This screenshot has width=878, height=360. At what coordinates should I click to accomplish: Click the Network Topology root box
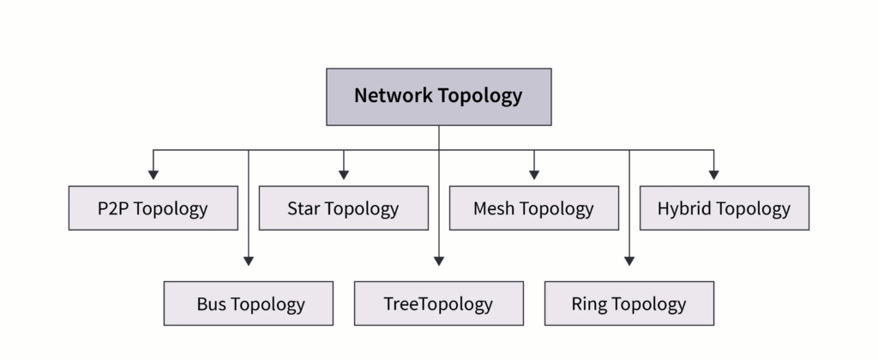(438, 96)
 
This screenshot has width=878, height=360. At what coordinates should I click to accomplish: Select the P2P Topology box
(153, 208)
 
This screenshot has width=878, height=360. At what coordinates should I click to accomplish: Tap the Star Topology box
(343, 208)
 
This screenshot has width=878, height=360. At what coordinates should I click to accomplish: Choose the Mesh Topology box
(533, 208)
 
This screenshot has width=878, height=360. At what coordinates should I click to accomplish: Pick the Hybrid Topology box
(724, 208)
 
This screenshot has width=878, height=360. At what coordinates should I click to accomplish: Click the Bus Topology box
(249, 303)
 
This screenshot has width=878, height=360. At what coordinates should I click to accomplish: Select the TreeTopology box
(438, 303)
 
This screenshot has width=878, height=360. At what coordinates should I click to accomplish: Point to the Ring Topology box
(628, 303)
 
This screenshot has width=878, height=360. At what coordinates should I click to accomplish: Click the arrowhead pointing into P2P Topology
(153, 175)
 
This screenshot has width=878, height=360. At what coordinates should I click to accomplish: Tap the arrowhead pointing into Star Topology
(344, 175)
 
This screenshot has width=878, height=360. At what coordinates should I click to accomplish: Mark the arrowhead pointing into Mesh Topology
(534, 175)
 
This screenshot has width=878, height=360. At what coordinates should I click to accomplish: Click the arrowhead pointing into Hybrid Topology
(713, 175)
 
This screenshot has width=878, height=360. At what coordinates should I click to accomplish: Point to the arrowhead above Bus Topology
(249, 261)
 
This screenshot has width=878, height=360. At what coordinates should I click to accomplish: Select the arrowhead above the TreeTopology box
(439, 261)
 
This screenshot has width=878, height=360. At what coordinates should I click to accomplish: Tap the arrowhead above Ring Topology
(629, 261)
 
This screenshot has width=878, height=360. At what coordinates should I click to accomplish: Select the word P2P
(114, 208)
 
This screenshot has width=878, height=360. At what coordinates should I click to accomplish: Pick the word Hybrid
(684, 208)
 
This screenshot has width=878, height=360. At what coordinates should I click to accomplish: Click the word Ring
(589, 303)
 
